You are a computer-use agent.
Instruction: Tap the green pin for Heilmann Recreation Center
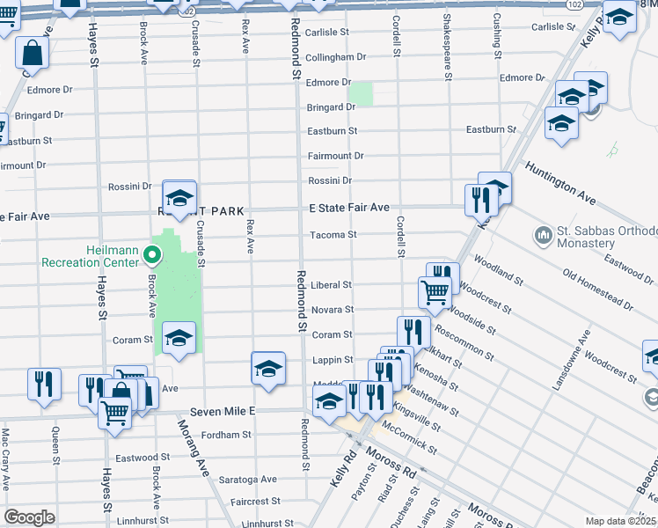151,256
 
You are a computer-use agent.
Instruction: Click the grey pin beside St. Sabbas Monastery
541,236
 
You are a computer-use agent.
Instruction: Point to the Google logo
29,517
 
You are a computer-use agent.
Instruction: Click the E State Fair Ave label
348,208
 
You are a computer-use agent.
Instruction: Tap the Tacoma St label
332,235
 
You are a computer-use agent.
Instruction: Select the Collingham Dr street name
335,57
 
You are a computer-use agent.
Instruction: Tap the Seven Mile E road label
222,411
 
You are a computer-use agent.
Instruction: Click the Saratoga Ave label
253,480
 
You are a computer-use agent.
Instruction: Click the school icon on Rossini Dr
179,198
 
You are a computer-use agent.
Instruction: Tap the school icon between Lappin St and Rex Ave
268,368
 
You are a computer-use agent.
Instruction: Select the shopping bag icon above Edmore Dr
33,53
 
